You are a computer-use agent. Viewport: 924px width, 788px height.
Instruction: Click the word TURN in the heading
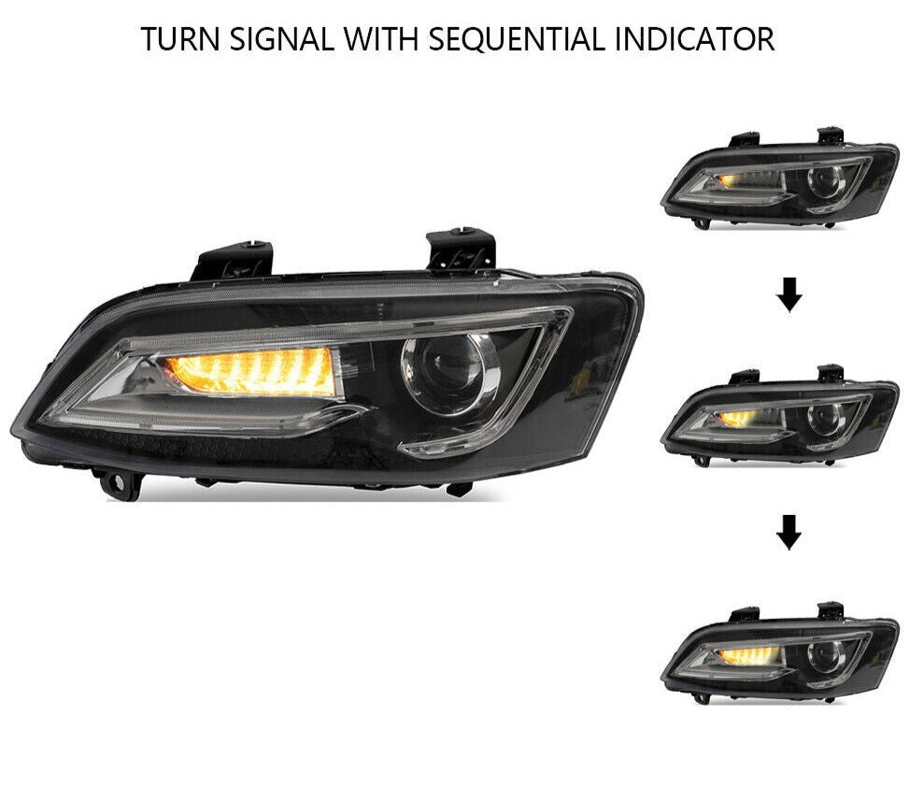(179, 39)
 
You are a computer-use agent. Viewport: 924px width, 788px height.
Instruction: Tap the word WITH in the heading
(380, 39)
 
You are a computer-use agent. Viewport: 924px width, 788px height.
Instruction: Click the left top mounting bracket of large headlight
(233, 260)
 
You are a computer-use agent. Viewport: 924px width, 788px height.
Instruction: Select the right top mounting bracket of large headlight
(461, 251)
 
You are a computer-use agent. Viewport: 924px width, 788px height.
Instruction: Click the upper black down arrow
(789, 295)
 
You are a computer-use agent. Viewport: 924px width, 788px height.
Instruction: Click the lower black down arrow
(789, 532)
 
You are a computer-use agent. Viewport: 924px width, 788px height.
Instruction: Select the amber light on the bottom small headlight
(749, 655)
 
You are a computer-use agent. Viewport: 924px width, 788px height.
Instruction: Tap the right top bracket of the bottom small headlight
(831, 610)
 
